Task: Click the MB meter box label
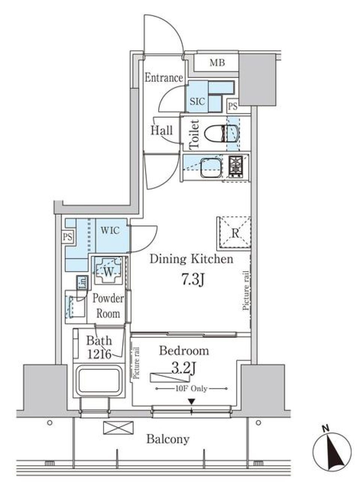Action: [x=217, y=63]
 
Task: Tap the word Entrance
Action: [x=163, y=78]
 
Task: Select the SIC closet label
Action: [x=197, y=101]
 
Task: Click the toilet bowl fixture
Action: [x=214, y=133]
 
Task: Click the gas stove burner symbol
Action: [x=236, y=166]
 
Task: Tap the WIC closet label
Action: [x=110, y=230]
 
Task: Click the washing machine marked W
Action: [x=108, y=271]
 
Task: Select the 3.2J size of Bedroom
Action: [x=184, y=369]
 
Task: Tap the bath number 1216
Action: [x=99, y=354]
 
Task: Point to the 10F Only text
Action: [x=191, y=389]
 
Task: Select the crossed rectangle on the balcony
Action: [x=118, y=428]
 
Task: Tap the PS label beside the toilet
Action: [x=232, y=106]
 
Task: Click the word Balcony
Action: [x=168, y=439]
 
